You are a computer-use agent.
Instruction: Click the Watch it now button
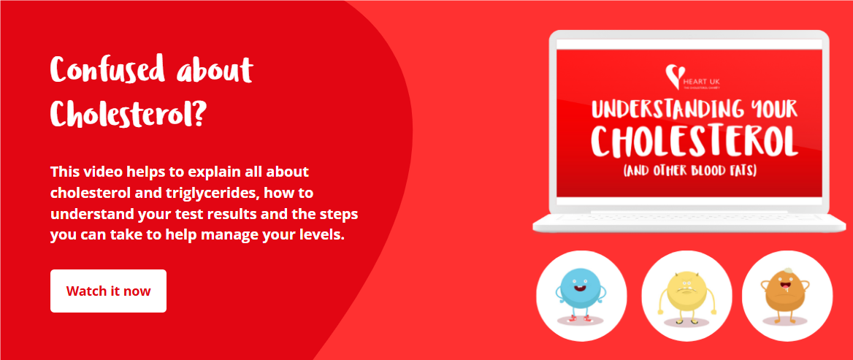108,291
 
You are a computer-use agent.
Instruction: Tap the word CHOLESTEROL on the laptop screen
693,141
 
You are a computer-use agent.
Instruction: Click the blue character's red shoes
581,318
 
